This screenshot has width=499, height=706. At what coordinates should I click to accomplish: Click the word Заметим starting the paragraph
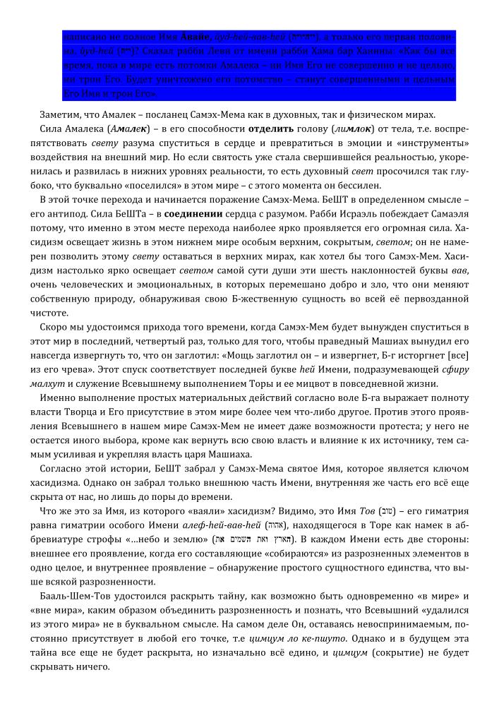tap(61, 115)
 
